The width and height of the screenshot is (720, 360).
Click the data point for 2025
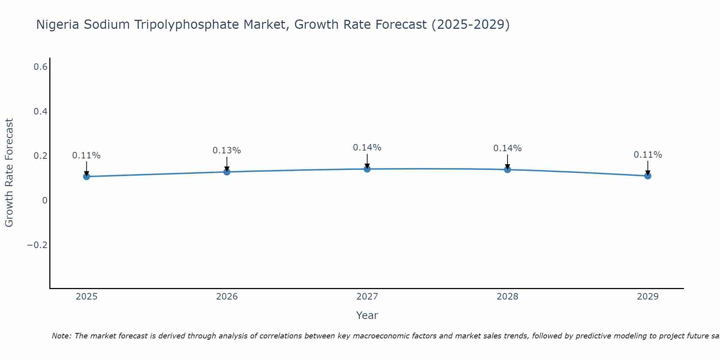point(86,176)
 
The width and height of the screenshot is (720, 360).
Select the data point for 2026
point(227,172)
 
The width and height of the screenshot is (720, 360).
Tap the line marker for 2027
point(367,169)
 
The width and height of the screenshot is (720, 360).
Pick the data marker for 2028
point(507,170)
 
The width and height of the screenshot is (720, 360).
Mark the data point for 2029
point(648,176)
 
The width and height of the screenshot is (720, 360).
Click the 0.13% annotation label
point(227,150)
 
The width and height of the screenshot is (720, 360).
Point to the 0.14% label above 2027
point(367,148)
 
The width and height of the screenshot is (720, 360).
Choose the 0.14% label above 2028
point(507,148)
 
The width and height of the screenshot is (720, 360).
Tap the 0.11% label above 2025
point(86,156)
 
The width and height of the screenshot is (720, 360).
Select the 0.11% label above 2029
point(648,155)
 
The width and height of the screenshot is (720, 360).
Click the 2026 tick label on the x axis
point(227,297)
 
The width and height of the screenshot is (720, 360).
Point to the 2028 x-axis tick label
point(507,297)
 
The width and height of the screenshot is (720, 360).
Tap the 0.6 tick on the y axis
point(41,67)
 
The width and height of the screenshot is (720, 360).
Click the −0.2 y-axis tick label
point(37,245)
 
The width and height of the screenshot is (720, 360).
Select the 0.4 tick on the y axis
point(41,112)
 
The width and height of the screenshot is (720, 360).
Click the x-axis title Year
point(367,315)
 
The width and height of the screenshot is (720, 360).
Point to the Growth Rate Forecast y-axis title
point(9,173)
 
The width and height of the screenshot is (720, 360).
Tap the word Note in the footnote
point(61,336)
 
